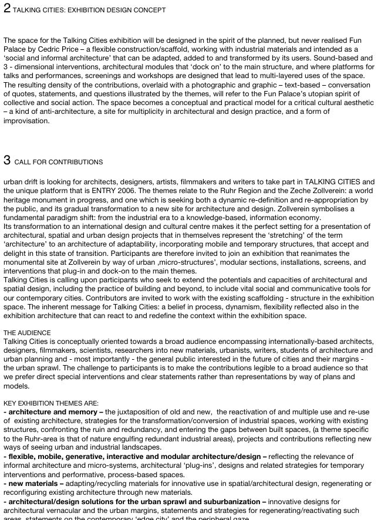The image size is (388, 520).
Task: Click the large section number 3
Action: [7, 160]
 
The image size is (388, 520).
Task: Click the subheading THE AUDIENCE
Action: [27, 333]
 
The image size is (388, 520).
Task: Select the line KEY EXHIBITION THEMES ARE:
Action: [51, 403]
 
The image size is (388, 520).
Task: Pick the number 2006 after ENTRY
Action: [185, 191]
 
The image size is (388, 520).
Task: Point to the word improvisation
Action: [26, 121]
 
